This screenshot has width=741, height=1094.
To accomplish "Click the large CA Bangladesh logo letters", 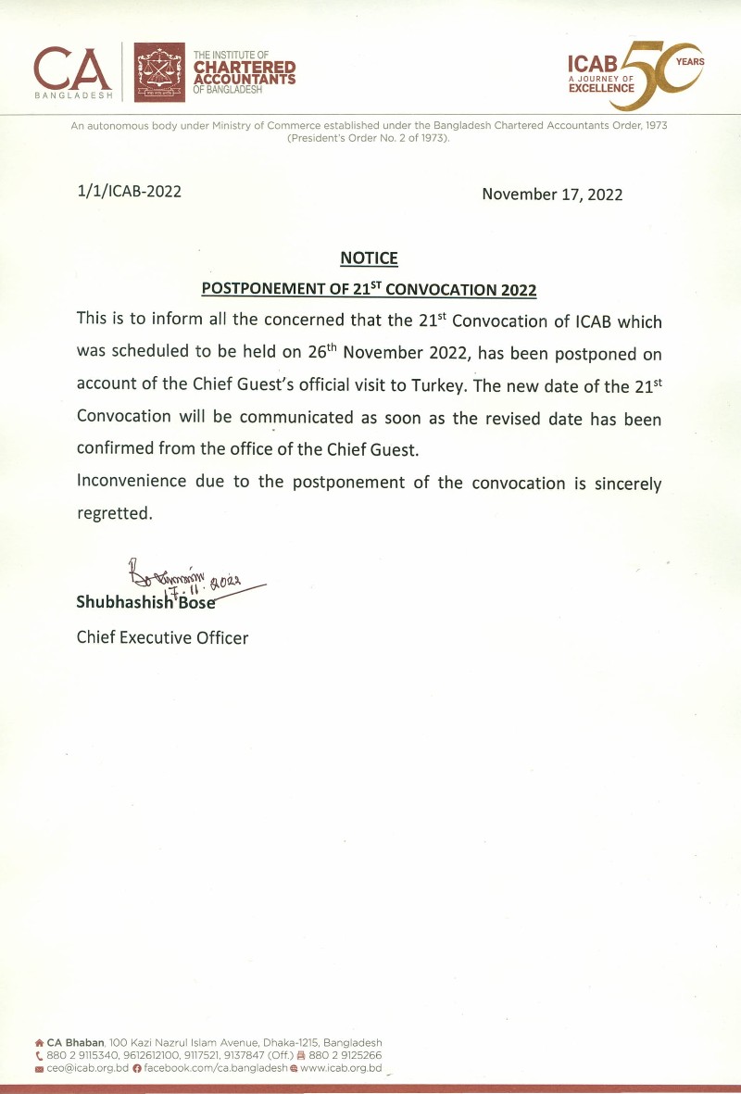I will point(73,68).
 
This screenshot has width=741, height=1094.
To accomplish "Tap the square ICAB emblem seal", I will point(160,72).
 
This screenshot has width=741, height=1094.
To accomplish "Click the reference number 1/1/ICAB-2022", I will point(129,192).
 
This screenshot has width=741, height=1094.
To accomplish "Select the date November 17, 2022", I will point(552,195).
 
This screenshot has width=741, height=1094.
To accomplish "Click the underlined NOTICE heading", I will point(369,258).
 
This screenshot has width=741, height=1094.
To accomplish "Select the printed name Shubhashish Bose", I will point(145,602).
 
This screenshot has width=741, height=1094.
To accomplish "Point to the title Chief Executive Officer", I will point(162,637).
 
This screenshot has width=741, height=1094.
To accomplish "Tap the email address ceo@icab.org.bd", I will point(88,1068).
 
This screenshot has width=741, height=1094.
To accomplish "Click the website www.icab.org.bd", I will point(340,1068).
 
